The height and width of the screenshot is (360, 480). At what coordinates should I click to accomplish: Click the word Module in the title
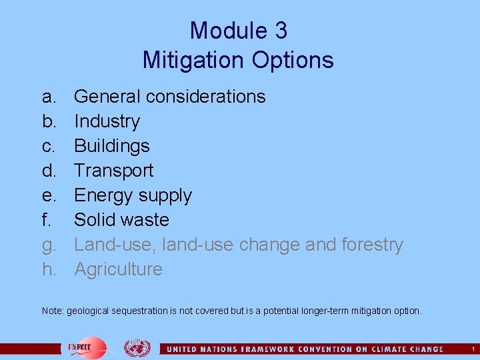click(x=219, y=31)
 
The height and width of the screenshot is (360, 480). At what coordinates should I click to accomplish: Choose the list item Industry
click(x=107, y=121)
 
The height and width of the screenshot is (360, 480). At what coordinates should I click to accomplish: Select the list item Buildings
click(x=111, y=146)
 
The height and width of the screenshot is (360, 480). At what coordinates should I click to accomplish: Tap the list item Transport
click(x=113, y=171)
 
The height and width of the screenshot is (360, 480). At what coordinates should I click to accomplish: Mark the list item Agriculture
click(x=118, y=269)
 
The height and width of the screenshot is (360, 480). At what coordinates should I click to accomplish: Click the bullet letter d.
click(x=49, y=171)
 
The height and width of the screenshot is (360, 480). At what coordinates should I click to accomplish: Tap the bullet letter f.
click(x=46, y=220)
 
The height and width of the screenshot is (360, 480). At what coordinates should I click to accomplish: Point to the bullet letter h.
click(x=49, y=269)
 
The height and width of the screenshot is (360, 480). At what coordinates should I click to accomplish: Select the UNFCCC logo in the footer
click(x=84, y=348)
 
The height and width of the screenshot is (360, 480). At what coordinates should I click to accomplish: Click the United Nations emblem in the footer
click(x=137, y=348)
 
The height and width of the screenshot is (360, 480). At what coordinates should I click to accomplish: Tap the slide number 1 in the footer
click(x=472, y=349)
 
